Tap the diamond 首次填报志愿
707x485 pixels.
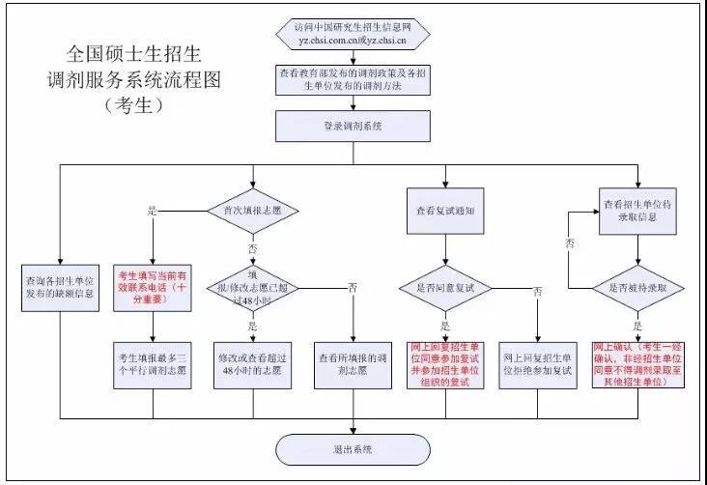click(x=252, y=210)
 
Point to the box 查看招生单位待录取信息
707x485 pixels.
click(x=638, y=210)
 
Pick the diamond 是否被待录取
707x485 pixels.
click(x=638, y=286)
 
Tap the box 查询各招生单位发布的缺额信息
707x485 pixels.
click(x=60, y=286)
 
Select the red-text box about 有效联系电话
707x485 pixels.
click(x=154, y=286)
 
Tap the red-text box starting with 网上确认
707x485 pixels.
click(x=637, y=363)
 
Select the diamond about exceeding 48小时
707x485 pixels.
click(x=252, y=286)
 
